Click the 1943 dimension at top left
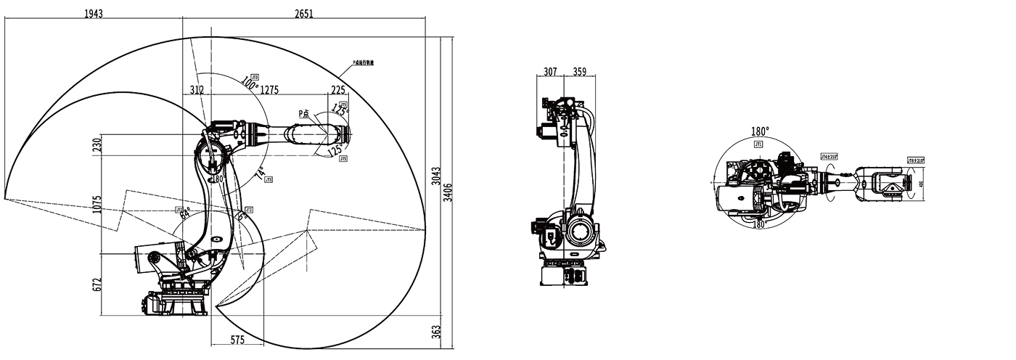coord(93,15)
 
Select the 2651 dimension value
coord(304,15)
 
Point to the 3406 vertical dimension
coord(448,193)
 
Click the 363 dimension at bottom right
coord(436,331)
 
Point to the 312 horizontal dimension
coord(197,90)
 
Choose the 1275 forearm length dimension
coord(269,90)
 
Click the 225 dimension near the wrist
coord(338,90)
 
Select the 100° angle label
coord(250,85)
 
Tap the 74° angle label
coord(260,173)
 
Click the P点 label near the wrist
coord(303,113)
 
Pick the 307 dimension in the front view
coord(551,72)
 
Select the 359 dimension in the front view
coord(579,72)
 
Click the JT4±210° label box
coord(829,156)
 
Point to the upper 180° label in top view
coord(760,132)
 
